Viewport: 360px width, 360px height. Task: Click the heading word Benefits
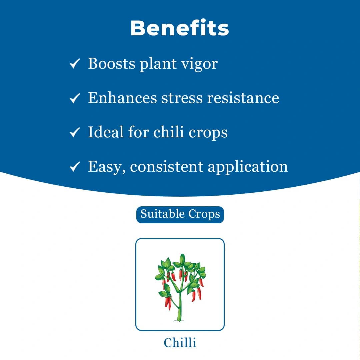coord(180,28)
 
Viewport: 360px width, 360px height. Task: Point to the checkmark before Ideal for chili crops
coord(74,132)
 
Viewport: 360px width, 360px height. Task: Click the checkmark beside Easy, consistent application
coord(74,167)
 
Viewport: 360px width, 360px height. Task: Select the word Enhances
coord(122,98)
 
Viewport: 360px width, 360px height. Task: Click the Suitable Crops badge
coord(180,214)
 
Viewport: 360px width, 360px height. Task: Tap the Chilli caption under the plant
coord(180,342)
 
